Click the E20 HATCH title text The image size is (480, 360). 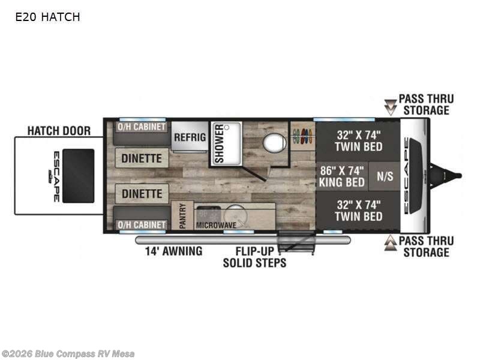coord(47,17)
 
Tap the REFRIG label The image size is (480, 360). coord(190,137)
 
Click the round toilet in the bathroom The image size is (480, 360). coord(274,143)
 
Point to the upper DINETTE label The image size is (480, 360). coord(142,158)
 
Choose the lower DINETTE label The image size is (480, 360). coord(142,194)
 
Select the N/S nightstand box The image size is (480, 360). coord(385,176)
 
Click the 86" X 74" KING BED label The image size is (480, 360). coord(343,176)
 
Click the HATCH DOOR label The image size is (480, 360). coord(59,130)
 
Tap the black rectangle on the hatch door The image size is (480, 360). coord(78,176)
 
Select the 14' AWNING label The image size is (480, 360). coord(173,251)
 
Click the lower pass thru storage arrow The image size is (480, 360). coord(391,242)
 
